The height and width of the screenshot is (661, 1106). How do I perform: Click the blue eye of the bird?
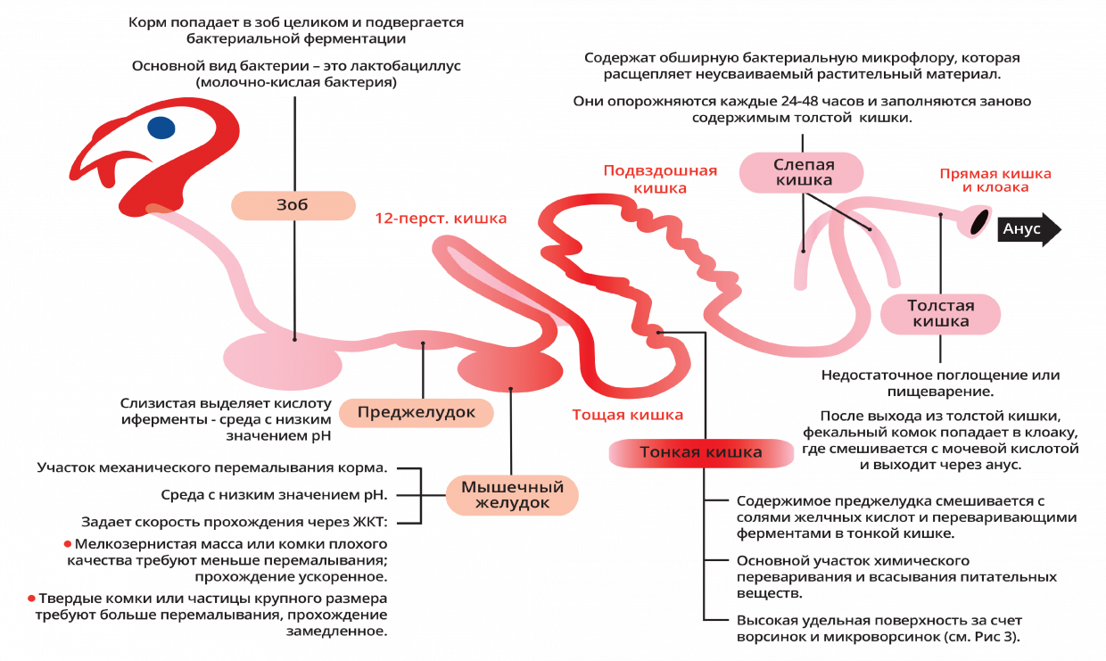pos(161,128)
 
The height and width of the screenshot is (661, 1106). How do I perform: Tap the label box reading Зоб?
pos(293,205)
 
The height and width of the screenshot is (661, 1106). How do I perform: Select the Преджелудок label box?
pos(417,413)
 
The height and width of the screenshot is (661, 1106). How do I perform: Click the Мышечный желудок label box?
pos(512,495)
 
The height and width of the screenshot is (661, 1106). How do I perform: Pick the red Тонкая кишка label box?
pos(701,452)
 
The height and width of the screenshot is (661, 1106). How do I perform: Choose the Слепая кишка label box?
pos(801,172)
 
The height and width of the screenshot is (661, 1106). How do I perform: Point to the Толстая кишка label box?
pos(941,314)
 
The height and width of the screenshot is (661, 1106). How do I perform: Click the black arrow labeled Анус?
pos(1029,229)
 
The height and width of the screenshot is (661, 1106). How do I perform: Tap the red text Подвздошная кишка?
pos(660,179)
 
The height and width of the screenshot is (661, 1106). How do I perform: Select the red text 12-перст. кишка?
pos(441,219)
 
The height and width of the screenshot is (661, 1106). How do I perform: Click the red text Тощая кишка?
pos(628,415)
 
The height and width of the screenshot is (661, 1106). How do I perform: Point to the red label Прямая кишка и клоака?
pos(995,180)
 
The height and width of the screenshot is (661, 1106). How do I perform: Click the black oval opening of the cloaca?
pos(980,221)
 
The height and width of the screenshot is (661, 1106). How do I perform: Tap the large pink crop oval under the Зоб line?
pos(283,361)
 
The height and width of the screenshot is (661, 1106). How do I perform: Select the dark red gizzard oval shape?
pos(510,369)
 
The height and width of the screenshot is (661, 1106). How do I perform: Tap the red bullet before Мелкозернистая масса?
pos(68,544)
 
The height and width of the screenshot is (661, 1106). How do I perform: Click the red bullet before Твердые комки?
pos(31,599)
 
